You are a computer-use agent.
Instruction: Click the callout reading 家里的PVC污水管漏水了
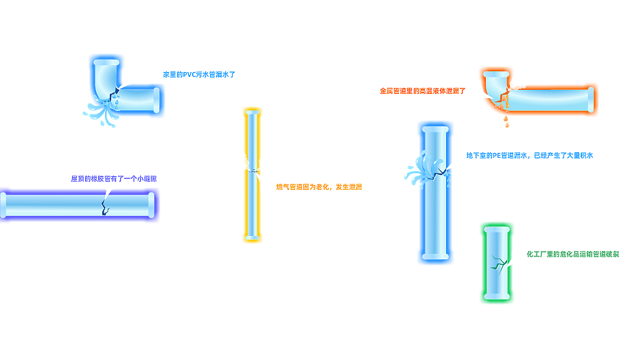[199, 74]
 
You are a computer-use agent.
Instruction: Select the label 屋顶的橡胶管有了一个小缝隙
[114, 179]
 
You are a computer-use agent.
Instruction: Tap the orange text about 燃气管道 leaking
[318, 187]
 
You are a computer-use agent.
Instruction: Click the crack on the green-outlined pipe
[497, 263]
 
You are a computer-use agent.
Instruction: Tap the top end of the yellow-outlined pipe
[253, 113]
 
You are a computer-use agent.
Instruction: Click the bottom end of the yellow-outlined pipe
[253, 237]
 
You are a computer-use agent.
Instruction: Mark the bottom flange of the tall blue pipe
[436, 257]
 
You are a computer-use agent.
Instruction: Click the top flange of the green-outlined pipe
[495, 229]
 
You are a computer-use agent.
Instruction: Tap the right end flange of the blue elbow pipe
[158, 100]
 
